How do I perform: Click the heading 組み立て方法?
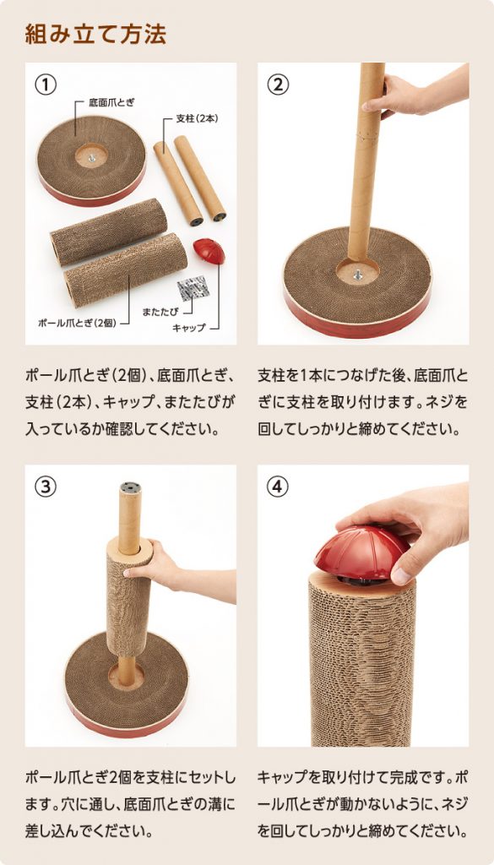click(x=95, y=34)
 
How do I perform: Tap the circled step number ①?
click(x=46, y=84)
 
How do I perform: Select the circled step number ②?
click(x=278, y=84)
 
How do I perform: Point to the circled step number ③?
click(x=46, y=487)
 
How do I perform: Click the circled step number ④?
click(x=278, y=487)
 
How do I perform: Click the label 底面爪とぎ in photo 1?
click(x=111, y=102)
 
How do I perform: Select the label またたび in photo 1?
click(x=160, y=312)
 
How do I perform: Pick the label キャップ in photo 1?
click(x=189, y=328)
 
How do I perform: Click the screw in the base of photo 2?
click(x=358, y=273)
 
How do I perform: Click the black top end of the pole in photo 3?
click(x=130, y=487)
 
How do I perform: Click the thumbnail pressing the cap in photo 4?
click(x=401, y=576)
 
